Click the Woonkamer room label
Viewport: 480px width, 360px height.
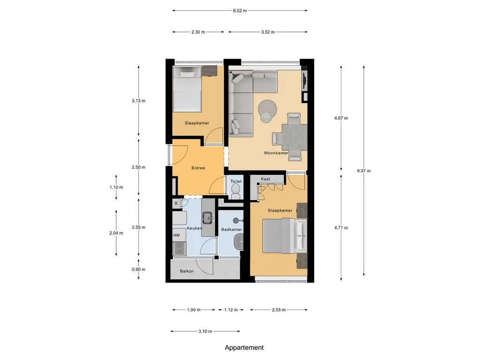(x=276, y=153)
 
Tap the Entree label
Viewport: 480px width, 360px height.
(x=198, y=168)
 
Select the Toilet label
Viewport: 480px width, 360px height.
(x=236, y=181)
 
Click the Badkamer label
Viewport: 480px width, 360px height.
(x=232, y=229)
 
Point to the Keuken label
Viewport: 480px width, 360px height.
(x=194, y=228)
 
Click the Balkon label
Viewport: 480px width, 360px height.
(x=187, y=271)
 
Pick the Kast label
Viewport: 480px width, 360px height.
(x=265, y=179)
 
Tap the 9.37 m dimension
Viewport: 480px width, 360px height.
(x=363, y=171)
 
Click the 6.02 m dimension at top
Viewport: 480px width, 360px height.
(x=240, y=10)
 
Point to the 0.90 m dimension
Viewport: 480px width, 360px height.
(x=139, y=269)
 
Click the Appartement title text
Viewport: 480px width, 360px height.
(x=244, y=347)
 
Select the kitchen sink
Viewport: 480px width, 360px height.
(x=207, y=217)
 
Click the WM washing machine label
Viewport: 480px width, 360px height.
(x=176, y=235)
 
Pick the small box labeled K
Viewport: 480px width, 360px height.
(x=176, y=203)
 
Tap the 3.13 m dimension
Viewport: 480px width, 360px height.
(x=139, y=100)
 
